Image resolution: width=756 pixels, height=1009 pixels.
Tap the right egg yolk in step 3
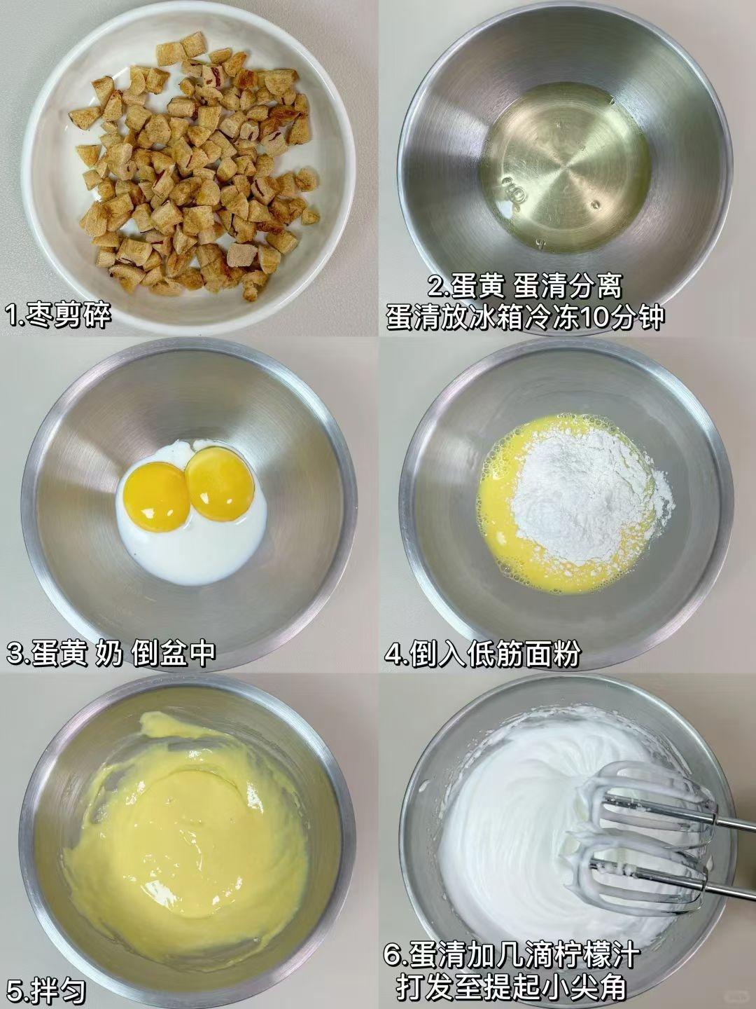click(x=220, y=483)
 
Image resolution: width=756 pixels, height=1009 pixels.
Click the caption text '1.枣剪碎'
click(x=58, y=316)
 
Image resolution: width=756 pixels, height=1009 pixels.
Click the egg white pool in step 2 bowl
click(x=567, y=167)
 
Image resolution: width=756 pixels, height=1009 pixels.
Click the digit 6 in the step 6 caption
click(x=393, y=953)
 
